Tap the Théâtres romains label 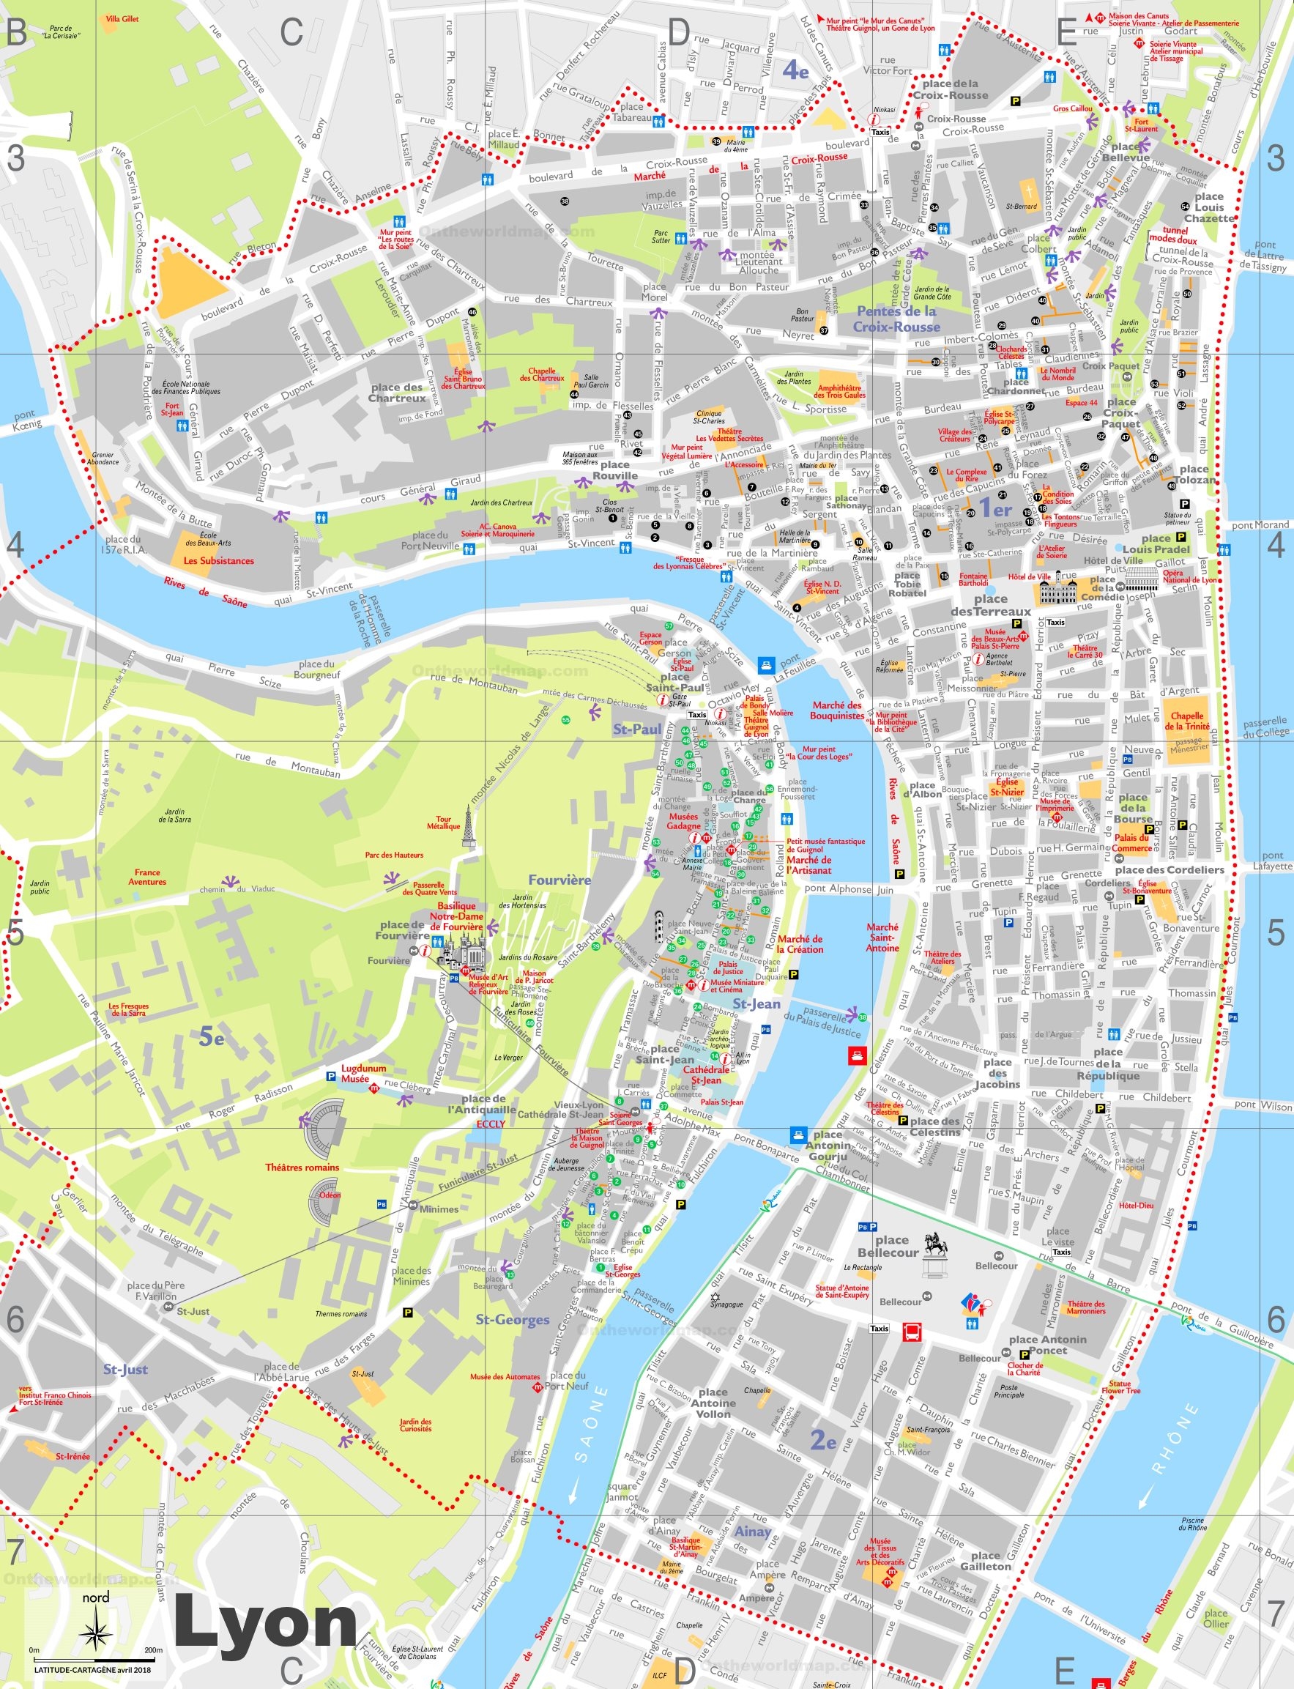coord(302,1168)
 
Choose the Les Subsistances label coord(219,561)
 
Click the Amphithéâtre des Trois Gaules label coord(841,391)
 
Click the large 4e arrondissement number coord(795,71)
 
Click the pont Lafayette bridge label coord(1271,861)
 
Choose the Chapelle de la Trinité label coord(1187,721)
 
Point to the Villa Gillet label coord(122,18)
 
